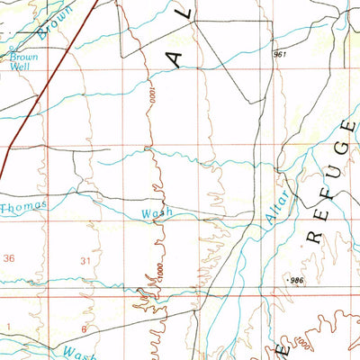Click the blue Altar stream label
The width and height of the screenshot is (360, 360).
click(x=276, y=210)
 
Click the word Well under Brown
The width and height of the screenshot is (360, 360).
click(x=20, y=67)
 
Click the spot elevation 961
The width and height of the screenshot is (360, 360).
click(x=280, y=56)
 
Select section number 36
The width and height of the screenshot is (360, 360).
click(x=10, y=259)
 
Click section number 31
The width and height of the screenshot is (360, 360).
click(x=85, y=260)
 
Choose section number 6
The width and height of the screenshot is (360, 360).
click(x=84, y=328)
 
